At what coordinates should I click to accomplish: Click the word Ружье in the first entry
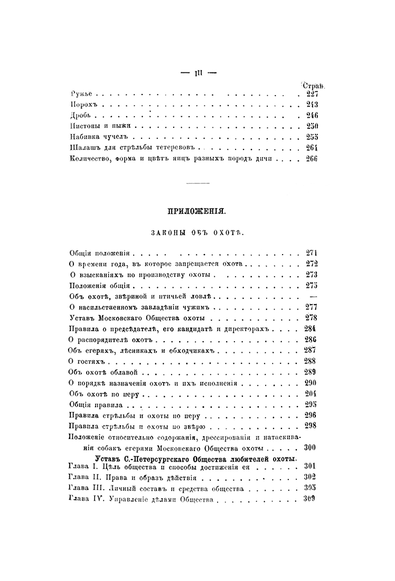81,94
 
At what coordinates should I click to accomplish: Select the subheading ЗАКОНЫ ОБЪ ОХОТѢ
197,232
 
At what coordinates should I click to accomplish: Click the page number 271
311,253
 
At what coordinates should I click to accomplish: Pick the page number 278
311,318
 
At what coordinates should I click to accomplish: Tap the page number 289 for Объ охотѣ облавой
311,372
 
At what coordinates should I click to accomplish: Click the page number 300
311,447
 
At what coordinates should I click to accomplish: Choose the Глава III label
88,488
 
